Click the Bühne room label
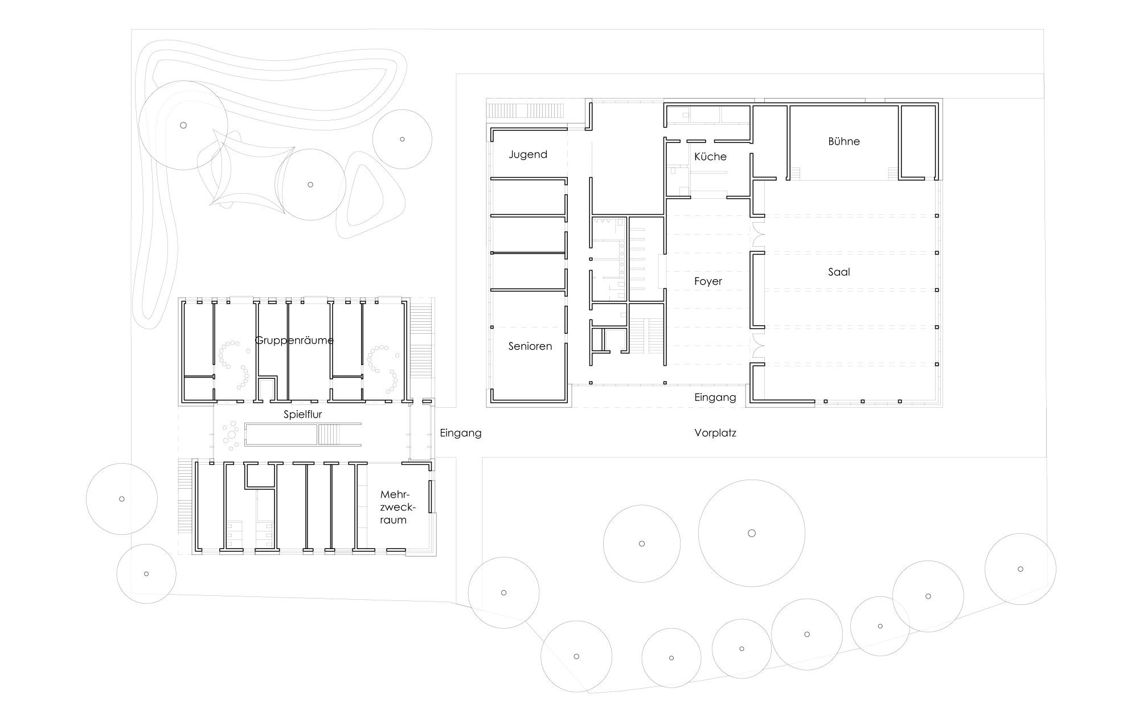(843, 141)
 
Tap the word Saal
(839, 272)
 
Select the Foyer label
(708, 281)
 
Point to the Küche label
(710, 156)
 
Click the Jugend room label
(528, 154)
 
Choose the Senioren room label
(530, 346)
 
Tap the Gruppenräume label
(294, 340)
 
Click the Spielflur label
(303, 415)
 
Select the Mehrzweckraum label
(394, 507)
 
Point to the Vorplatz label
(715, 433)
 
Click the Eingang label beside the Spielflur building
(461, 433)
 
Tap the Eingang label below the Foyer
(715, 398)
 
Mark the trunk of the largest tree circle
(752, 533)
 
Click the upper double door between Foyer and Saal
(757, 235)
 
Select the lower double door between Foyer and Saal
(757, 346)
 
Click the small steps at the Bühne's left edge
(796, 173)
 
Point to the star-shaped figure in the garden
(251, 171)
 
